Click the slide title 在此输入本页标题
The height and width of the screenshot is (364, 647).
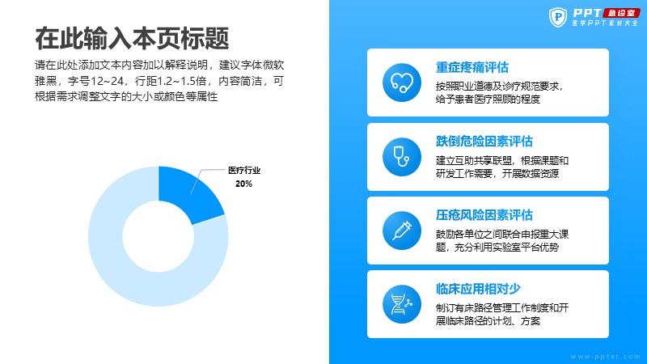click(132, 38)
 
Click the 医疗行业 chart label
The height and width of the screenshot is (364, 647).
click(244, 171)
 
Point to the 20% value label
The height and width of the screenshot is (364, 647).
click(244, 184)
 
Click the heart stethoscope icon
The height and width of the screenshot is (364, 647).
click(402, 83)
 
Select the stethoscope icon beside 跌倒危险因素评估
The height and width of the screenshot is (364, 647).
click(402, 157)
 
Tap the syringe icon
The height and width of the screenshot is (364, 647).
click(402, 231)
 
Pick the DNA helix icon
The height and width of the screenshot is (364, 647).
click(402, 304)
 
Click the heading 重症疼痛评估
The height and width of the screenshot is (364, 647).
click(472, 67)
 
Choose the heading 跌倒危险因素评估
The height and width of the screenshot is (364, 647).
click(484, 141)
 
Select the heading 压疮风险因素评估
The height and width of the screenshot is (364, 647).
click(484, 215)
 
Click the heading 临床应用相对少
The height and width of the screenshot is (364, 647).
click(478, 289)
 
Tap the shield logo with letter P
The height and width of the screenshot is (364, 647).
click(558, 17)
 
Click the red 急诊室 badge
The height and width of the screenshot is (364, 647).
click(621, 13)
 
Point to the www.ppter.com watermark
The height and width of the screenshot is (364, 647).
click(605, 357)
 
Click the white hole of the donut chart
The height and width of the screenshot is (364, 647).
click(159, 236)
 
